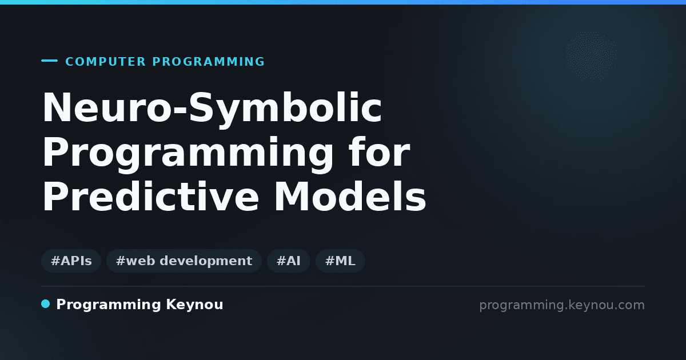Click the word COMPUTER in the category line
[x=105, y=62]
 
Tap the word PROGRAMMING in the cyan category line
[x=208, y=62]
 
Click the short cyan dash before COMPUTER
[x=49, y=61]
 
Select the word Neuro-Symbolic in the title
[x=212, y=109]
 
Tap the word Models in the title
[x=350, y=196]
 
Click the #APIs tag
[x=71, y=261]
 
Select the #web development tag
[x=184, y=261]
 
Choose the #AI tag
[x=289, y=261]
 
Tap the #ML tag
[x=340, y=261]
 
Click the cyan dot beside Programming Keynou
[x=46, y=304]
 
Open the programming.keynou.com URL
[x=562, y=305]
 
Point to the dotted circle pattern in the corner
[x=591, y=57]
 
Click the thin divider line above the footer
[x=344, y=286]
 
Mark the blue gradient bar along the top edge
[x=343, y=2]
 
